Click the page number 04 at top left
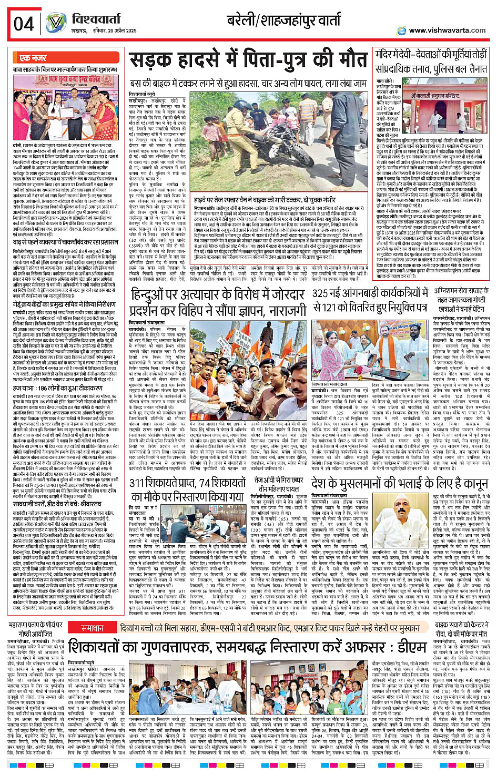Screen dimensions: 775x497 pos(24,24)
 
